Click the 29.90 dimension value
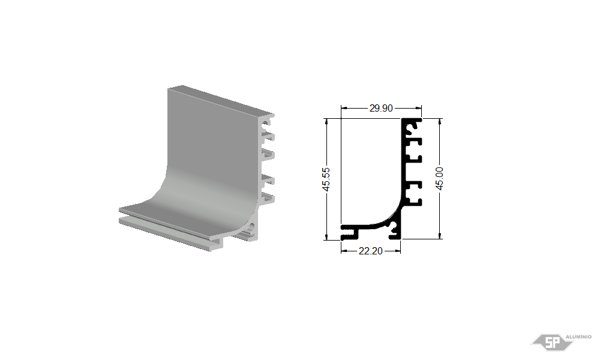(381, 108)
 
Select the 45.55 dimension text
(326, 179)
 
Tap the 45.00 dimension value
(440, 178)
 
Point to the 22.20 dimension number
(370, 251)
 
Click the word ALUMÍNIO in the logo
(578, 337)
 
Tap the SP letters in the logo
(552, 343)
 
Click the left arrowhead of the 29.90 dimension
(344, 108)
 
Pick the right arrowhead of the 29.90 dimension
(419, 108)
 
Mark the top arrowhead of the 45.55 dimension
(326, 121)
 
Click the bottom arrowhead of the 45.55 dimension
(326, 237)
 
